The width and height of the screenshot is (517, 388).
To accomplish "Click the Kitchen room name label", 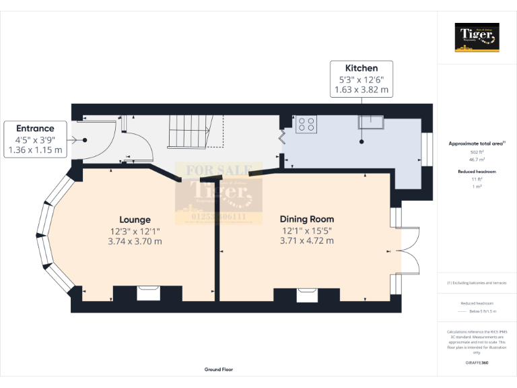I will click(361, 68).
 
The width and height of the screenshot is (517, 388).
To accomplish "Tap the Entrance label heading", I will click(35, 128).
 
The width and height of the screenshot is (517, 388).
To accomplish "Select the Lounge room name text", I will click(135, 220).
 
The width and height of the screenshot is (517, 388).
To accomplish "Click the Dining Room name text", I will click(307, 219).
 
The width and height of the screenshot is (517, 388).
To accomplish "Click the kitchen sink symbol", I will click(371, 122).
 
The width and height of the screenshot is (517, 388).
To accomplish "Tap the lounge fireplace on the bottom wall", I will click(147, 293).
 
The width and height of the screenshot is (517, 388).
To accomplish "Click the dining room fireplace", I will click(307, 294).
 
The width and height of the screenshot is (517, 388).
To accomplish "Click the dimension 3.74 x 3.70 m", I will click(135, 241).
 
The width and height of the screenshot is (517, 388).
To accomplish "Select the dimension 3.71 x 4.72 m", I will click(307, 240).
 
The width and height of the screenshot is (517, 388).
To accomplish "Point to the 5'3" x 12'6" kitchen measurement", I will click(361, 79).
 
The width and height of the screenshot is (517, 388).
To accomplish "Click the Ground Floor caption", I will click(219, 370).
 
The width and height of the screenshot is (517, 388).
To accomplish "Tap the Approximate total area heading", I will click(476, 143).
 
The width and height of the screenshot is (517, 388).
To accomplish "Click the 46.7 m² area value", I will click(477, 160).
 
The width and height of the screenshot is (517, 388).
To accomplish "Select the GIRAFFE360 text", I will click(477, 362).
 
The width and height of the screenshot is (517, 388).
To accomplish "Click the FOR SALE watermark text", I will click(210, 171).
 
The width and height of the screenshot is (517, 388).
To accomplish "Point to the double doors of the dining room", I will click(407, 251).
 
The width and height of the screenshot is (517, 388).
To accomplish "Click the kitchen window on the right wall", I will click(426, 149).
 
